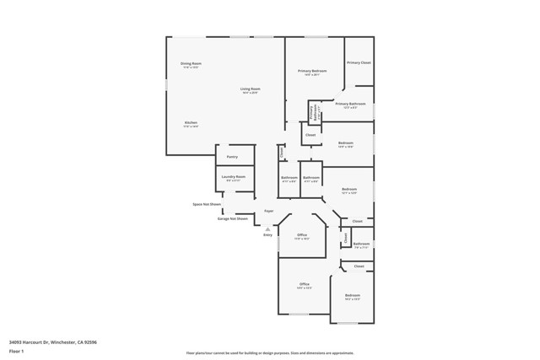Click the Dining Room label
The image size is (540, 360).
[191, 63]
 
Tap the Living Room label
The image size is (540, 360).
[250, 89]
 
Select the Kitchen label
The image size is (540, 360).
[191, 122]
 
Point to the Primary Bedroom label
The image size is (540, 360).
[312, 71]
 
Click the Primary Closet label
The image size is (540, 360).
[359, 62]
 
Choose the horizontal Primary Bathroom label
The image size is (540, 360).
[350, 104]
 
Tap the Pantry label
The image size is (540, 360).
[232, 156]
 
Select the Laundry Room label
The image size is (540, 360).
[234, 176]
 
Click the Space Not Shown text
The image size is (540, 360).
[207, 204]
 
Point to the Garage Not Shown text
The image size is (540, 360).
[233, 218]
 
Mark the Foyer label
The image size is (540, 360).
[269, 211]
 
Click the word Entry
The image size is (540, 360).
[267, 234]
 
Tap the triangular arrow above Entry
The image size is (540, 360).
[267, 228]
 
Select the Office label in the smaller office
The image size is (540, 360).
[302, 234]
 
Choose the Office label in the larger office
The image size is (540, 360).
[305, 284]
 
